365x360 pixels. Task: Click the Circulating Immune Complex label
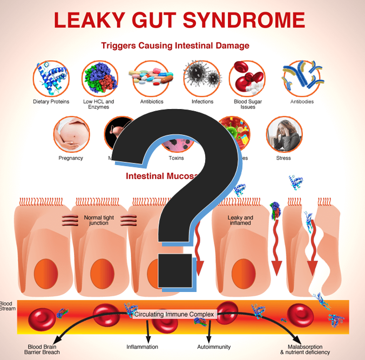click(174, 314)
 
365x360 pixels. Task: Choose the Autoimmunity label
click(210, 347)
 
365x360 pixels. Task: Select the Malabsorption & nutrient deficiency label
click(309, 349)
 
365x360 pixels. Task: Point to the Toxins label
click(176, 158)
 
